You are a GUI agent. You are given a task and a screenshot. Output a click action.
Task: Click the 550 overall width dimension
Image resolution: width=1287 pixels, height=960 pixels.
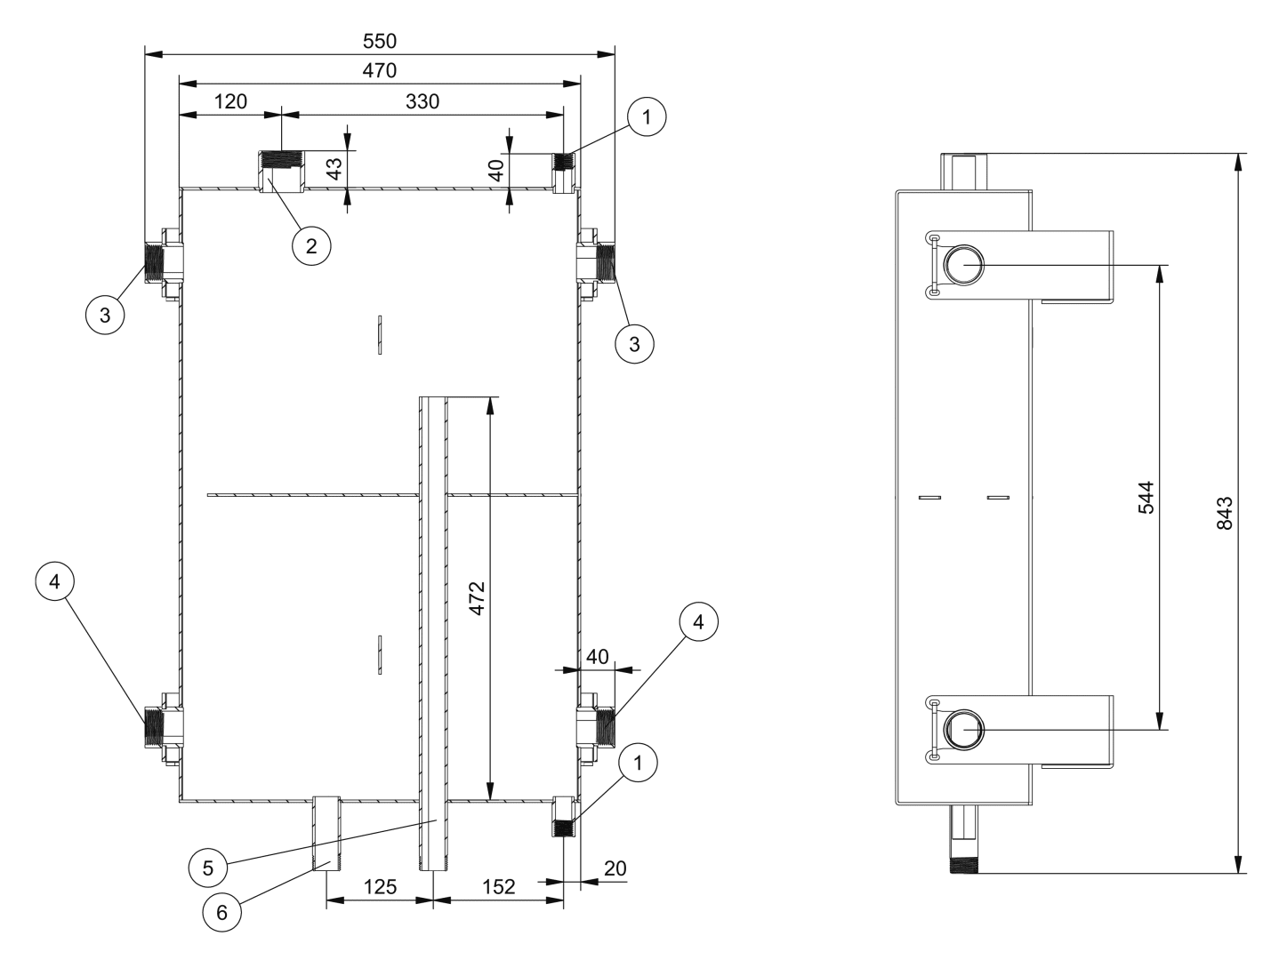tap(380, 41)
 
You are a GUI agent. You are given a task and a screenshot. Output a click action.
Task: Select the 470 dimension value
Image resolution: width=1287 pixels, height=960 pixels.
tap(380, 70)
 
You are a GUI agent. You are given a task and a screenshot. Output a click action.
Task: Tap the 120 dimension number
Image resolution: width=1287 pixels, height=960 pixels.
tap(230, 101)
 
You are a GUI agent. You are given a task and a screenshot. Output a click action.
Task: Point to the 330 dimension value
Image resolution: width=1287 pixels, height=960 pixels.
tap(422, 101)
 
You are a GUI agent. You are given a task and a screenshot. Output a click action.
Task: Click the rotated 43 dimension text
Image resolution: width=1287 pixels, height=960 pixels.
tap(334, 169)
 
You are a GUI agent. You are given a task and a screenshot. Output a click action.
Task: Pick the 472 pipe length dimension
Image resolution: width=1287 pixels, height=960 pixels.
tap(478, 598)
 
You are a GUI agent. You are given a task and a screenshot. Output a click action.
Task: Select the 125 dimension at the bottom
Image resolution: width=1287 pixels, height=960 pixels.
tap(380, 887)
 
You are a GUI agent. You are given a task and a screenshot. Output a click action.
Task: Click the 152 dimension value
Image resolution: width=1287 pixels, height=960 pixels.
tap(498, 887)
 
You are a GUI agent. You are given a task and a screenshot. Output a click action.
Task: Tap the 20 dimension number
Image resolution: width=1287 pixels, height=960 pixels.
tap(615, 868)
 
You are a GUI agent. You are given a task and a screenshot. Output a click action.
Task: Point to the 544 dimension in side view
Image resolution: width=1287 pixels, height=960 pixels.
tap(1146, 497)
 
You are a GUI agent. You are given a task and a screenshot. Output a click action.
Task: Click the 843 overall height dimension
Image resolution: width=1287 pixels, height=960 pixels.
tap(1225, 513)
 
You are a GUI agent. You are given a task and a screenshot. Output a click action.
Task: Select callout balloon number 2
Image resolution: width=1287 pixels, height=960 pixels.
tap(311, 246)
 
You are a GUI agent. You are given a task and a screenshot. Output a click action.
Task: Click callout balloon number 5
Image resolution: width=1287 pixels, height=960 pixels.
tap(208, 868)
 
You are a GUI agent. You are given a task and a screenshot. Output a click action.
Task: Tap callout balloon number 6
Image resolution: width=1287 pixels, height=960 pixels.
tap(221, 912)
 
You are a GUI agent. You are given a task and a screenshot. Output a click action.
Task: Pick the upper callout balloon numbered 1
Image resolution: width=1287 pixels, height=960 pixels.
tap(647, 117)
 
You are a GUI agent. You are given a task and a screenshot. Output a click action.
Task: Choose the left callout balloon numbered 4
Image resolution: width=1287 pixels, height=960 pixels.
tap(54, 581)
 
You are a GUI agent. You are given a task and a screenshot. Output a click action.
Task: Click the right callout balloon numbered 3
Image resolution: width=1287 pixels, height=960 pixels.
tap(634, 344)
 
